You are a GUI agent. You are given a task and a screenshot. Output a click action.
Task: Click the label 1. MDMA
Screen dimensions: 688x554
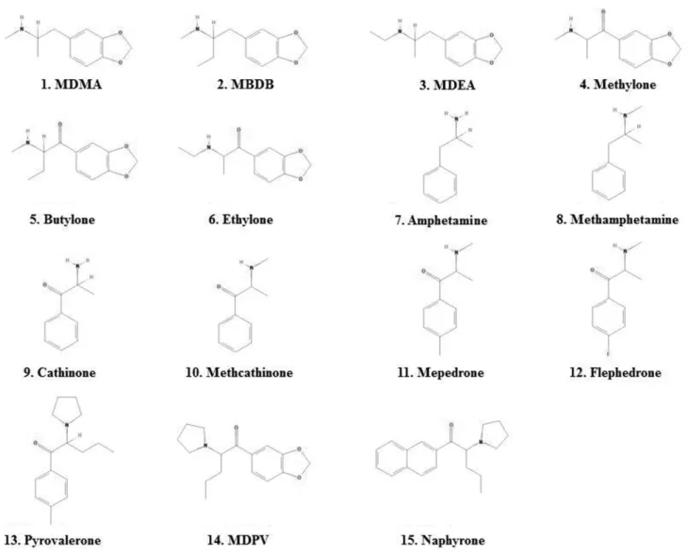click(x=72, y=84)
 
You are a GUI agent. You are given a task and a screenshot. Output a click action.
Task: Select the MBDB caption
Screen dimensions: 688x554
click(x=245, y=84)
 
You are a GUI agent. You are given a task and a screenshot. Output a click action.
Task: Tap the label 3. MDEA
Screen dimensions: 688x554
click(x=447, y=85)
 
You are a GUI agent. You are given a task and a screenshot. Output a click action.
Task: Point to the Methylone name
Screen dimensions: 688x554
click(x=625, y=84)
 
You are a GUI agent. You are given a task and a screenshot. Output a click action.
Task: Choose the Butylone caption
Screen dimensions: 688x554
click(x=69, y=219)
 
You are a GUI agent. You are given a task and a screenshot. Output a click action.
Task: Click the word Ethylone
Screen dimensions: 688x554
click(x=248, y=219)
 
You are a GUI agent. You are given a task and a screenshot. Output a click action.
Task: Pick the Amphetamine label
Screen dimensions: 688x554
click(x=447, y=220)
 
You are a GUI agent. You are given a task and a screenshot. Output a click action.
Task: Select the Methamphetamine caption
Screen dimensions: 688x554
click(x=624, y=219)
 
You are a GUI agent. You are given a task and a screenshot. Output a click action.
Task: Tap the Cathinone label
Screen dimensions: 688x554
click(x=66, y=372)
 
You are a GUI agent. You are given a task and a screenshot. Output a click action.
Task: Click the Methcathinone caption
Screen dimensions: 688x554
click(x=250, y=372)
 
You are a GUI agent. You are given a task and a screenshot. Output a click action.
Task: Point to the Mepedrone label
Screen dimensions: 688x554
click(x=450, y=372)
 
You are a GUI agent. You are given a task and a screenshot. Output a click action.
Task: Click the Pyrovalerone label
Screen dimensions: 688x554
click(x=62, y=540)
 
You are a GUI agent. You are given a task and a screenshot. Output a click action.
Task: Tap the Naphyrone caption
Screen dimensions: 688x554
click(x=452, y=540)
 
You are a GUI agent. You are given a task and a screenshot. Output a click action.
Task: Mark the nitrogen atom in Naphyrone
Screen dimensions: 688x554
click(x=481, y=442)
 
